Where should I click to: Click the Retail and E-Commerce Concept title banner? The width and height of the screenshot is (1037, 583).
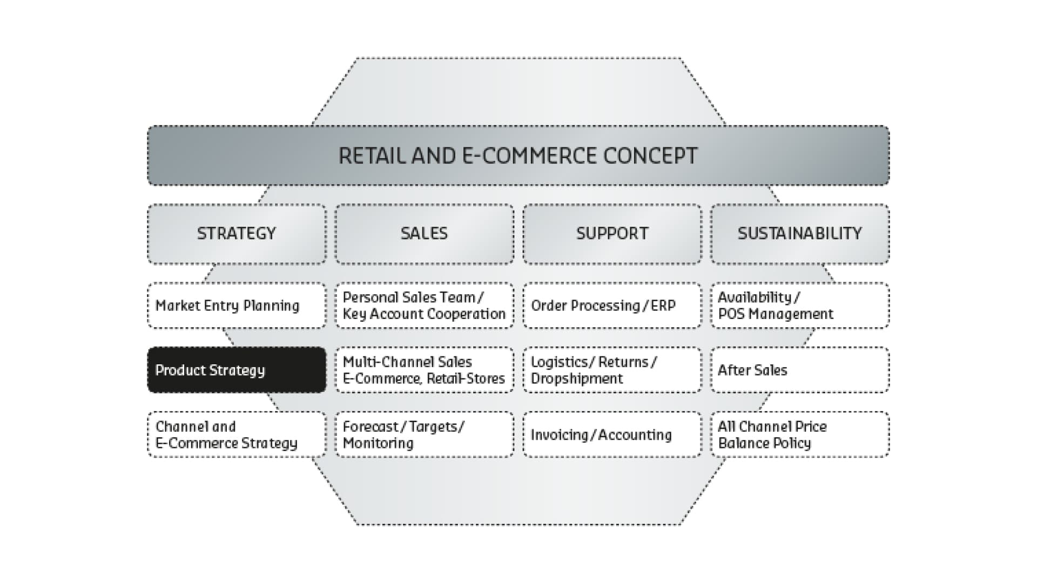point(518,155)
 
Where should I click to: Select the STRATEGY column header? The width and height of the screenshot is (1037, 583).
point(237,234)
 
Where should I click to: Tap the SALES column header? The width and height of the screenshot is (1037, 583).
point(425,234)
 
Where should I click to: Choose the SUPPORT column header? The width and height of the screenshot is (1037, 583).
point(612,234)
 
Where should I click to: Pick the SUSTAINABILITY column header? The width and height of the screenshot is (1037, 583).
point(800,234)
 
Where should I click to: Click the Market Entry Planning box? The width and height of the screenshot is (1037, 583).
point(237,306)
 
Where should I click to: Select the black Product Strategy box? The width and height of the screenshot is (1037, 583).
point(237,370)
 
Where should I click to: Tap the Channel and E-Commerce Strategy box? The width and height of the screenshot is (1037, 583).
point(237,435)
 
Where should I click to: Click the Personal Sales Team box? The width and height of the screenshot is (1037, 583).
point(425,306)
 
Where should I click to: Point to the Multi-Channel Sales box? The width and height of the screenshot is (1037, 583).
point(425,370)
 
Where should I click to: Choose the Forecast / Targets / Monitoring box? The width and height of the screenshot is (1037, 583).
point(425,435)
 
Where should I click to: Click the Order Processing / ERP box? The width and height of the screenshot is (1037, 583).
point(612,306)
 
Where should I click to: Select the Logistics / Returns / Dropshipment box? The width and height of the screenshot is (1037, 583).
point(612,370)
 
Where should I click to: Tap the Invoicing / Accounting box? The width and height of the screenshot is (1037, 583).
point(612,435)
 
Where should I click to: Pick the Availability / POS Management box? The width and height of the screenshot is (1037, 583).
point(800,306)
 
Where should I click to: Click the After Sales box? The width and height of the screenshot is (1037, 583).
point(800,370)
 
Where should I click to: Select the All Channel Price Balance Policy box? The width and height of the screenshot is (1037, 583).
point(800,435)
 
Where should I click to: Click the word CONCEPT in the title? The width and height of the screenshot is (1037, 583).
point(650,156)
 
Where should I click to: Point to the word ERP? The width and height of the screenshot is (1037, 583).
point(663,306)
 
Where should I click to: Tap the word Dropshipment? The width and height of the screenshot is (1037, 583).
point(577,379)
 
